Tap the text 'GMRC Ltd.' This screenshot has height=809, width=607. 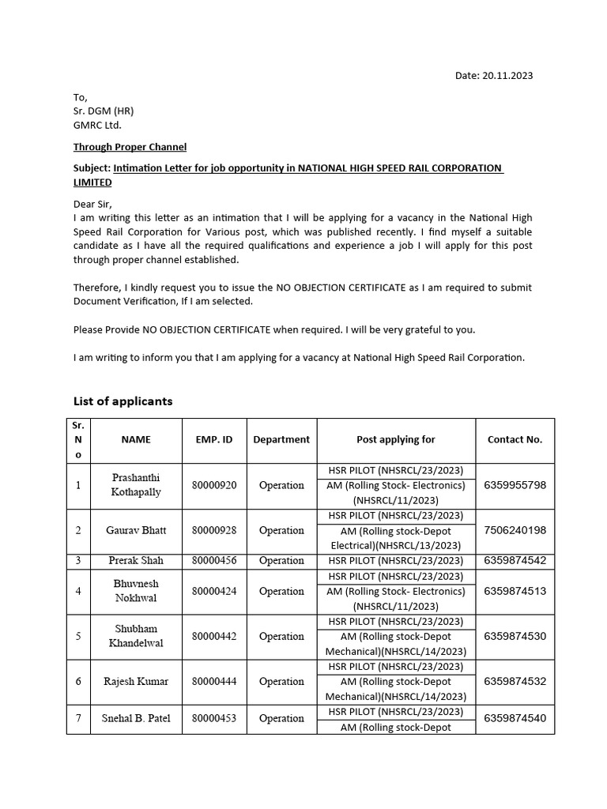pos(98,125)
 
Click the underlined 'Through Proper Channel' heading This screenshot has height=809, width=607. pos(130,147)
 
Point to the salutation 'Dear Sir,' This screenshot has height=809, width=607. pos(93,204)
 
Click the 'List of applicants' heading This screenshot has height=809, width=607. pos(123,401)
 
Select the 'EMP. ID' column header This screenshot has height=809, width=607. pos(214,440)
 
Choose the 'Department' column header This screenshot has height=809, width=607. pos(281,440)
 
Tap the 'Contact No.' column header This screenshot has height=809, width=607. pos(515,440)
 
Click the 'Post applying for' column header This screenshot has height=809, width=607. pos(396,440)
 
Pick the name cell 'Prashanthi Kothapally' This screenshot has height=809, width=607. pos(136,485)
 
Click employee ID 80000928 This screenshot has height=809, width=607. pos(214,531)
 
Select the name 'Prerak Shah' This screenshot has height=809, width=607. pos(136,561)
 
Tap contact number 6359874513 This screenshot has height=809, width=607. pos(515,591)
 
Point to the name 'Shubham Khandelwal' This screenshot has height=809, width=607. pos(136,636)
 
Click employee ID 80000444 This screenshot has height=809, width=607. pos(214,681)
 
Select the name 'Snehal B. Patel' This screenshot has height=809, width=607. pos(136,718)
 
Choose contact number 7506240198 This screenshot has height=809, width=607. pos(515,531)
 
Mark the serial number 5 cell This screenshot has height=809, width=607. pos(78,636)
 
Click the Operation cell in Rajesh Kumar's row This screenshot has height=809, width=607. pos(281,681)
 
